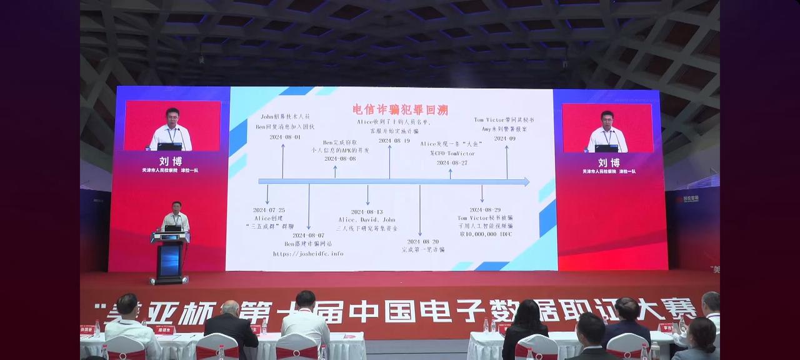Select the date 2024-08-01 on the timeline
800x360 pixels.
coord(285,137)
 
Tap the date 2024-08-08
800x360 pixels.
coord(340,159)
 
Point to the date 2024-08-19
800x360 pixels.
coord(394,141)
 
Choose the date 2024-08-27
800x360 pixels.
coord(452,162)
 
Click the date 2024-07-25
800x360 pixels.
coord(269,210)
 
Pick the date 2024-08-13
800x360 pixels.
coord(367,212)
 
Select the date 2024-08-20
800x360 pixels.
coord(423,241)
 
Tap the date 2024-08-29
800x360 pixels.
coord(485,210)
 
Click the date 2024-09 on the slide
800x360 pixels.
coord(504,138)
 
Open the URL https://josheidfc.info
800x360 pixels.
coord(308,254)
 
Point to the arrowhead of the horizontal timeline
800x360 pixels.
coord(526,182)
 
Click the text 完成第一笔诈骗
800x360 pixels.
coord(424,249)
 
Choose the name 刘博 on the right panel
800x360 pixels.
coord(608,162)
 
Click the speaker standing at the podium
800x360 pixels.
coord(175,216)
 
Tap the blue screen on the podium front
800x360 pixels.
coord(169,260)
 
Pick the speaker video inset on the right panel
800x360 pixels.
coord(607,128)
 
